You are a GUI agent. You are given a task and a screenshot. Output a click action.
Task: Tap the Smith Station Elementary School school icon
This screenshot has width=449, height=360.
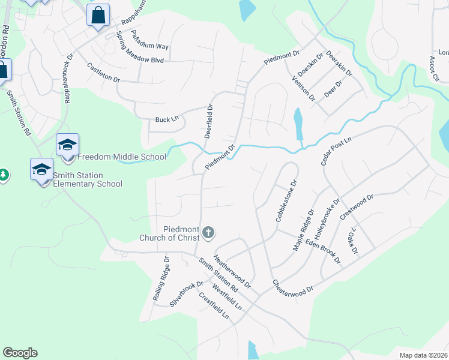click(x=42, y=169)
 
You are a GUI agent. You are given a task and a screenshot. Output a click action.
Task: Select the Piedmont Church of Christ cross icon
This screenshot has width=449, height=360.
click(x=208, y=232)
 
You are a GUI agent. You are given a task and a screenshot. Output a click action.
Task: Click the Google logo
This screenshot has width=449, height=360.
click(x=20, y=353)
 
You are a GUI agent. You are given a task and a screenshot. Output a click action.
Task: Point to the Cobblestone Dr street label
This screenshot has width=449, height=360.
click(x=286, y=201)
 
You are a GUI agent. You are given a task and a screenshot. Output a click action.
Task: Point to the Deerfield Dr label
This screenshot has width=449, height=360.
click(x=208, y=122)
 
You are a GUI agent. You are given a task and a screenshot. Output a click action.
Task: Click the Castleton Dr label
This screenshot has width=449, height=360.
click(x=103, y=73)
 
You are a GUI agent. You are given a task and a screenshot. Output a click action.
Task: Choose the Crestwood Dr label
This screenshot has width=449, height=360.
click(x=357, y=206)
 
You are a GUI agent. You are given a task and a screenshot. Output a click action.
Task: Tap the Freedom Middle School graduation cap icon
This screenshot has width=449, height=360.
click(x=67, y=145)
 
